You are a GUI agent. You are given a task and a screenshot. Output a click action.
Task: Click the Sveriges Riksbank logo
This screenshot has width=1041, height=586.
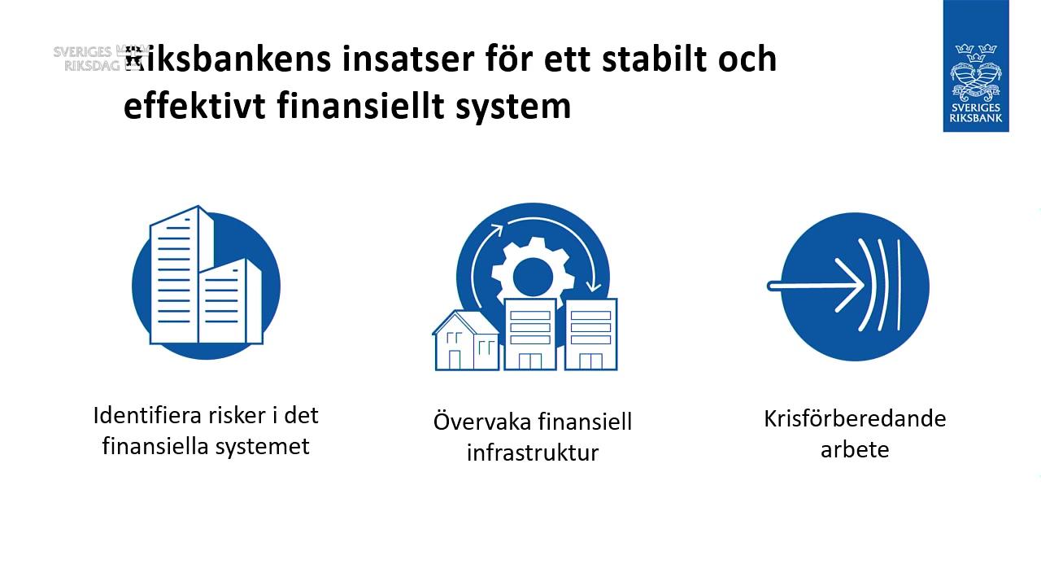tap(976, 66)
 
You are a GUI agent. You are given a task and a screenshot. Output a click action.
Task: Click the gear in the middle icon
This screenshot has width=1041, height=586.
tap(533, 273)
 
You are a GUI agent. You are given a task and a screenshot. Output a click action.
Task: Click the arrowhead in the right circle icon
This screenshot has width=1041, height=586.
tap(850, 286)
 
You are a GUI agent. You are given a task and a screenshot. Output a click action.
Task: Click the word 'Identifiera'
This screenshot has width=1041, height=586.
tap(142, 415)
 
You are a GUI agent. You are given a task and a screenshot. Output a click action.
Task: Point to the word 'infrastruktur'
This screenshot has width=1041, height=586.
tap(533, 453)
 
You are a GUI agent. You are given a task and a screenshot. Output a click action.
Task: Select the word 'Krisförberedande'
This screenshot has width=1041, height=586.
tap(855, 419)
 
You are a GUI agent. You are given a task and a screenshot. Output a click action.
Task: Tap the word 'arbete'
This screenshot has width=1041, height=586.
tap(855, 449)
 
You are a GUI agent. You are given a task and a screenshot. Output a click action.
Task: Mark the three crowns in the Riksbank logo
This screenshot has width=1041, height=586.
tap(976, 50)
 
